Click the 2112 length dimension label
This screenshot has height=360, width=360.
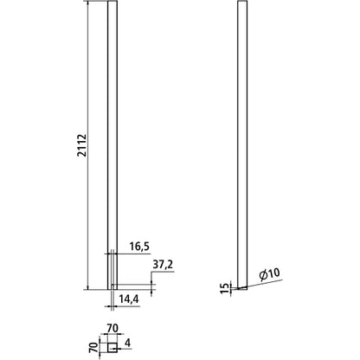point(80,145)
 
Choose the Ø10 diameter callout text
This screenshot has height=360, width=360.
point(270,275)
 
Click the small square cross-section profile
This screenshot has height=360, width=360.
point(112,346)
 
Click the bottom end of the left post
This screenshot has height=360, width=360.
point(112,286)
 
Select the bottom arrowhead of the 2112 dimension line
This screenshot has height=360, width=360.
point(89,285)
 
